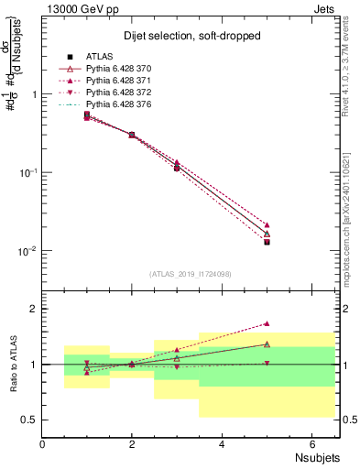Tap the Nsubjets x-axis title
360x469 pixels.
(316, 455)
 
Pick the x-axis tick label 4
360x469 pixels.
(223, 443)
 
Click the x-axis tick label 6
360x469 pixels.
(312, 443)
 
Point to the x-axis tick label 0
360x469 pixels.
(43, 443)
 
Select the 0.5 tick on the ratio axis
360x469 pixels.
(29, 420)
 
